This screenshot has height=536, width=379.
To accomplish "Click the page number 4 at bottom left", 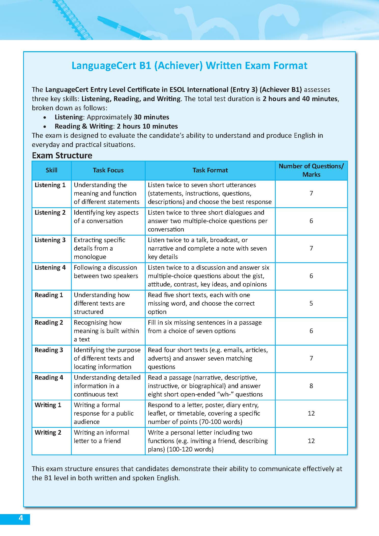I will coord(21,518).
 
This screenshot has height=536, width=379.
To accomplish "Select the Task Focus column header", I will coord(108,170).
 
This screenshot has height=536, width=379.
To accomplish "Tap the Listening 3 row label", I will coord(50,240).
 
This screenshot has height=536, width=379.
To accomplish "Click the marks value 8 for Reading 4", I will coord(311,386).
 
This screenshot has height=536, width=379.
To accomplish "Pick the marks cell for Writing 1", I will coord(311,413).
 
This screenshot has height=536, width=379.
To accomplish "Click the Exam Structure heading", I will coord(62,155).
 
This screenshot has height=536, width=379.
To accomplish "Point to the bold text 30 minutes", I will coord(151,117).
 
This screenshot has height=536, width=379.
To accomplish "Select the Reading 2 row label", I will coord(49,322).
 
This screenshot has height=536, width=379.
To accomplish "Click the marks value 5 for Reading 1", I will coord(311,303).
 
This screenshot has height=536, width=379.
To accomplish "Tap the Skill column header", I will coord(51,170).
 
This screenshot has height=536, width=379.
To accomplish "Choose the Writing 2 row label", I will coord(48,432).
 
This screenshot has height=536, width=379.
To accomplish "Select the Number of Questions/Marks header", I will coord(311,170).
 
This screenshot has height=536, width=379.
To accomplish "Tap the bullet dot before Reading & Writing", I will coord(45,127).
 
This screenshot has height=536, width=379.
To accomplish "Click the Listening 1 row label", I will coord(50,185).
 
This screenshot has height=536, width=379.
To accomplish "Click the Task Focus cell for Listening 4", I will coord(106,272).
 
